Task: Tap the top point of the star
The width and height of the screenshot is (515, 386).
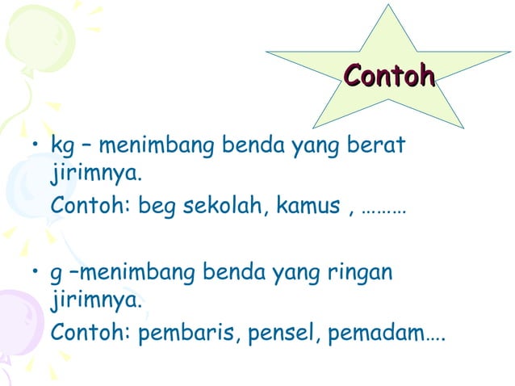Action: (x=388, y=6)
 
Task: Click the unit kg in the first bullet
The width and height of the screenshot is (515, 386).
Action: (x=61, y=148)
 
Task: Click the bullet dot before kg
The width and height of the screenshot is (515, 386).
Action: (x=35, y=147)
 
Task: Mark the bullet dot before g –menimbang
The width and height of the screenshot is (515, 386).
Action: (x=35, y=273)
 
